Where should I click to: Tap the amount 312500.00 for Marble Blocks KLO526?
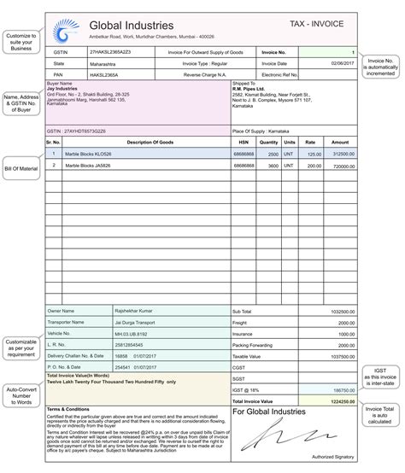click(x=343, y=154)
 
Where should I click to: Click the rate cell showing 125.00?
click(x=314, y=154)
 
